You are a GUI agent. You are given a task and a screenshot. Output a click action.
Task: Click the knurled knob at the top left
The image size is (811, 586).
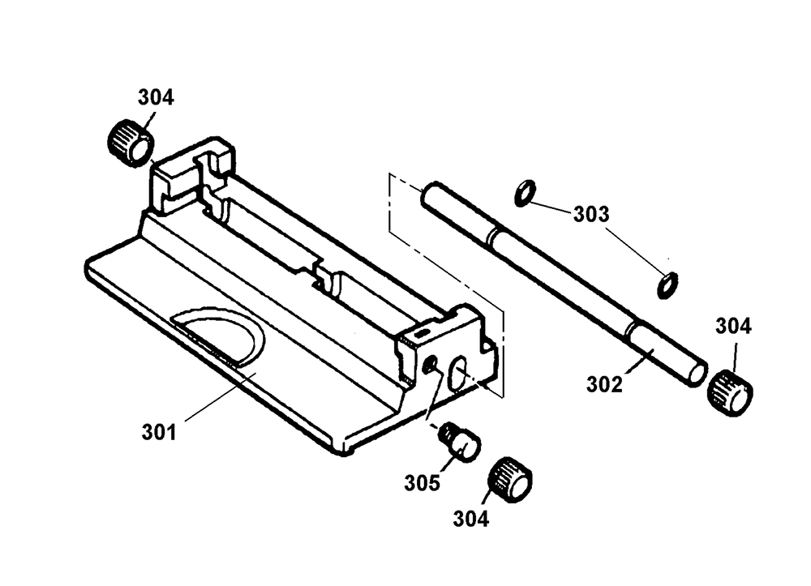pos(131,143)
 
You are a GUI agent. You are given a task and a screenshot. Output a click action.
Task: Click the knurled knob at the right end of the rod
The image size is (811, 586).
pos(730,393)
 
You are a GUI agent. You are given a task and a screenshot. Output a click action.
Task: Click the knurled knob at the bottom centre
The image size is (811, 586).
pos(510,480)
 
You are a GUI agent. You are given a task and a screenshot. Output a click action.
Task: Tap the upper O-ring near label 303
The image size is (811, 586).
pos(525,193)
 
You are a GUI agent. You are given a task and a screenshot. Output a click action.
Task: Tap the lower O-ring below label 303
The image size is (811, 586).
pos(667,284)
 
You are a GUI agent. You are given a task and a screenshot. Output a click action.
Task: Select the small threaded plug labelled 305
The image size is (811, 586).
pos(459,440)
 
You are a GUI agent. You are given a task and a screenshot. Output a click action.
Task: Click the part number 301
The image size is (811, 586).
pos(159,432)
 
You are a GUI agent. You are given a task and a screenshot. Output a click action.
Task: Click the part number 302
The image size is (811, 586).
pos(604,384)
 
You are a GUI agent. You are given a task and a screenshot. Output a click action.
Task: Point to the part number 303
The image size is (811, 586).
pos(591,214)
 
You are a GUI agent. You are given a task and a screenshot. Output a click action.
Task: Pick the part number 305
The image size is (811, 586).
pos(422,483)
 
